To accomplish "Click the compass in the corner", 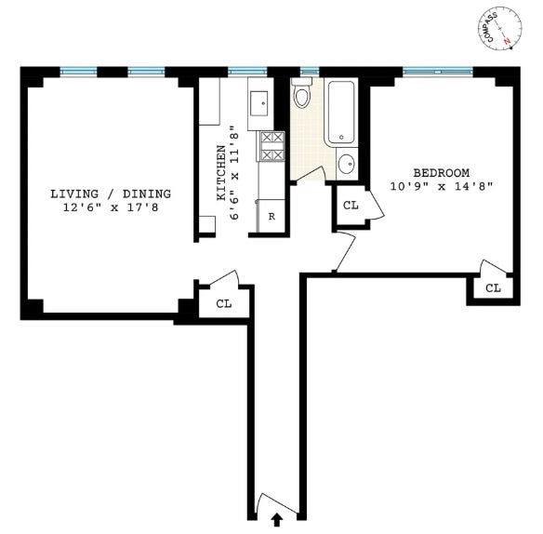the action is point(499,28).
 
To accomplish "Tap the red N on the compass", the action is point(508,41).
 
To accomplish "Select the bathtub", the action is point(341,113).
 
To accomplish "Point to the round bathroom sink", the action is point(346,163).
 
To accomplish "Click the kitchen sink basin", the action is point(258,103).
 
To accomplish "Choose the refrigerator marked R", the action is point(271,216).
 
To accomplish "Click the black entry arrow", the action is point(277,519).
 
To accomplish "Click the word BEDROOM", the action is point(441,172).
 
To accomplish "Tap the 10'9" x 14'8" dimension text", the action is point(441,187).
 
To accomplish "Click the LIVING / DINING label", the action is point(111,194).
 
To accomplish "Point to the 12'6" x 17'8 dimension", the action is point(111,207).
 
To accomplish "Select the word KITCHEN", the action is point(221,172).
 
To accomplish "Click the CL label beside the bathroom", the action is point(351,206).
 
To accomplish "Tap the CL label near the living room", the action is point(224,304).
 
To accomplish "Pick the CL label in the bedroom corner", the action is point(493,288).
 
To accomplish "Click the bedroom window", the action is point(438,72).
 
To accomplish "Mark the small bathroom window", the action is point(310,72).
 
